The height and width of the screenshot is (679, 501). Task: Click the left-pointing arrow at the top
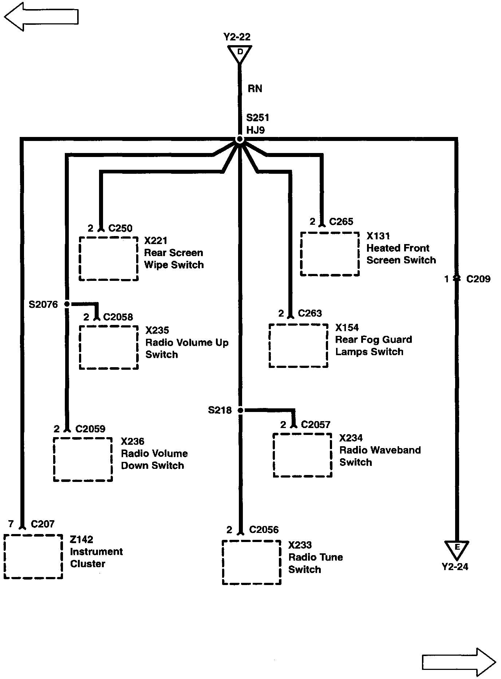click(41, 16)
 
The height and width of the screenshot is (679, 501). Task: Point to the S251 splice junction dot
click(239, 140)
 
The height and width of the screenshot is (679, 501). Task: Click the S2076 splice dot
click(67, 304)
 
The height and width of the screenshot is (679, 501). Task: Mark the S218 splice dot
click(240, 411)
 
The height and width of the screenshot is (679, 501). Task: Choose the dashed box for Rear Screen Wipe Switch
click(109, 259)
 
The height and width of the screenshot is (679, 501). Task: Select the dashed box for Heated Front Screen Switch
click(330, 254)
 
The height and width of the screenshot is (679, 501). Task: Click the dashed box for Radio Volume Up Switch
click(109, 347)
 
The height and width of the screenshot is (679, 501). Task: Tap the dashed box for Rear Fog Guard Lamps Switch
click(298, 345)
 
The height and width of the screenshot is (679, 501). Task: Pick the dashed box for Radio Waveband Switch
click(302, 455)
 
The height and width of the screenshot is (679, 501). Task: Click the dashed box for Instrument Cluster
click(33, 556)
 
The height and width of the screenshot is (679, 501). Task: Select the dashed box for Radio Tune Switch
click(252, 562)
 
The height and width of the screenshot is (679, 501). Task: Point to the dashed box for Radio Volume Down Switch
click(83, 459)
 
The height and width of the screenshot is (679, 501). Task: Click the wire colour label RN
click(255, 89)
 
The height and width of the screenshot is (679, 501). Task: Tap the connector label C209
click(478, 279)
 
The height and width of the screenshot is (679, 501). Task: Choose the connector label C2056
click(264, 529)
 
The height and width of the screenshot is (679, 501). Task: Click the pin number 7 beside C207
click(11, 524)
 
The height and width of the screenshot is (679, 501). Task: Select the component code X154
click(347, 327)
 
